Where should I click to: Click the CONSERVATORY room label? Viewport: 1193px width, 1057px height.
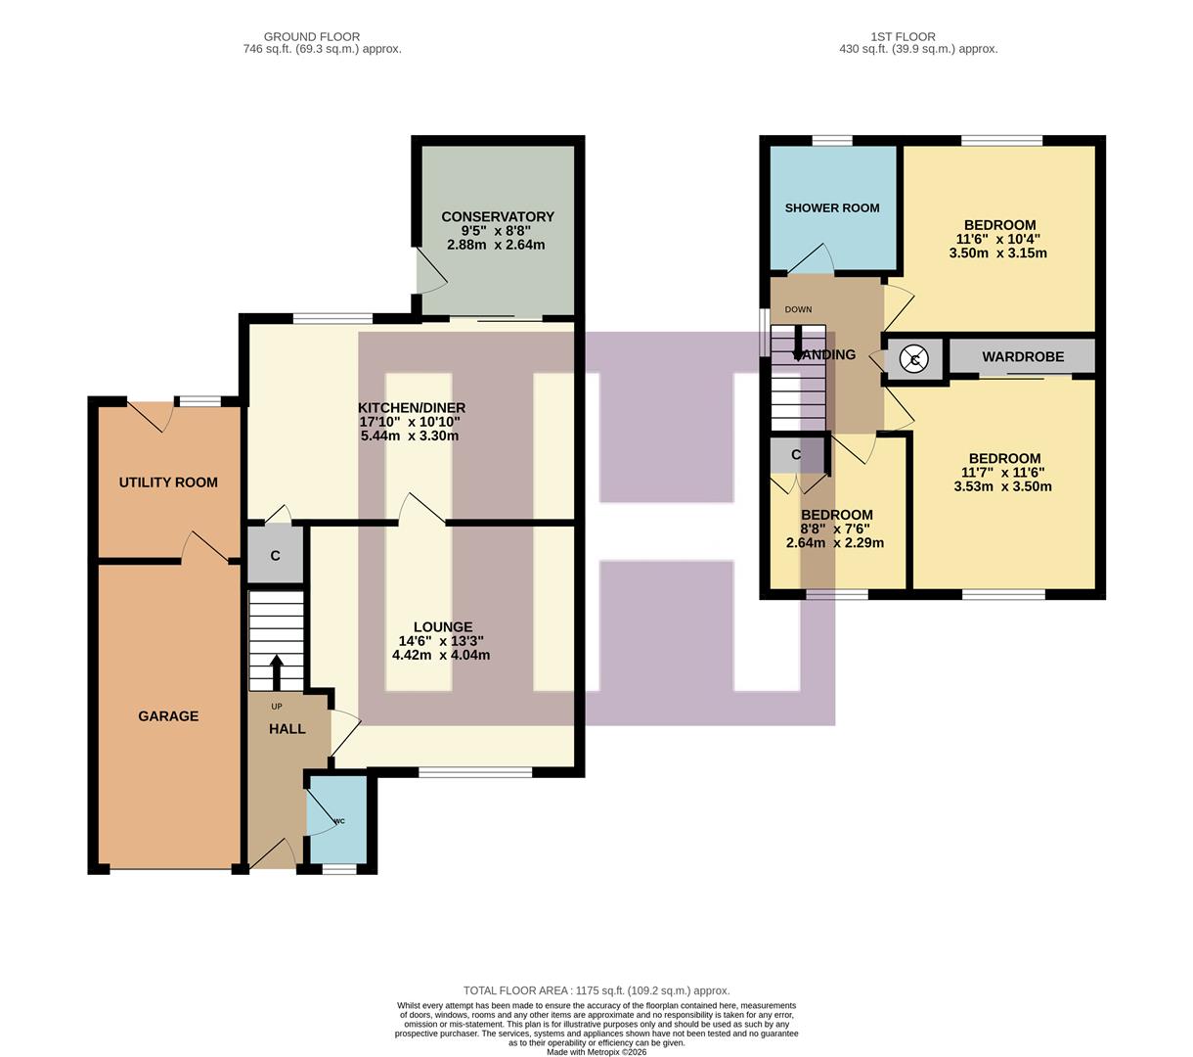497,216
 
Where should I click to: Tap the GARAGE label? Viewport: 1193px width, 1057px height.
168,716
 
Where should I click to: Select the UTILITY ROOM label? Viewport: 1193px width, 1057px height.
168,483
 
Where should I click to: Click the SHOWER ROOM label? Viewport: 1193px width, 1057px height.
832,207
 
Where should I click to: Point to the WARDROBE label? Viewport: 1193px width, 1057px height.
1023,357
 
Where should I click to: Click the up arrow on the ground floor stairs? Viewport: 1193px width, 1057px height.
276,672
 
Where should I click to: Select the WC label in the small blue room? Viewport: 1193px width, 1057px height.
339,821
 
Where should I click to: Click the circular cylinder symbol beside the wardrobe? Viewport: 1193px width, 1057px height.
915,359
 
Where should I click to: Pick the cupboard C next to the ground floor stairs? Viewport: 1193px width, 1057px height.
275,556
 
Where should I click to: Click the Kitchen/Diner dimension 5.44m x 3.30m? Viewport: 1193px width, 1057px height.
410,436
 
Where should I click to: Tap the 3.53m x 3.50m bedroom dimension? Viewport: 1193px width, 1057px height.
1002,486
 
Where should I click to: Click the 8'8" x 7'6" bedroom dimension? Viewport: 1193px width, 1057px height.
836,528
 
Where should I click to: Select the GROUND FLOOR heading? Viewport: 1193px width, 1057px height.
312,36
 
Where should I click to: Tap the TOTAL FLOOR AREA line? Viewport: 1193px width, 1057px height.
596,990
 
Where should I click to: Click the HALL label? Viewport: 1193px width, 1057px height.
287,729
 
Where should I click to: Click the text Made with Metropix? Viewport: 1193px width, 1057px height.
596,1052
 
